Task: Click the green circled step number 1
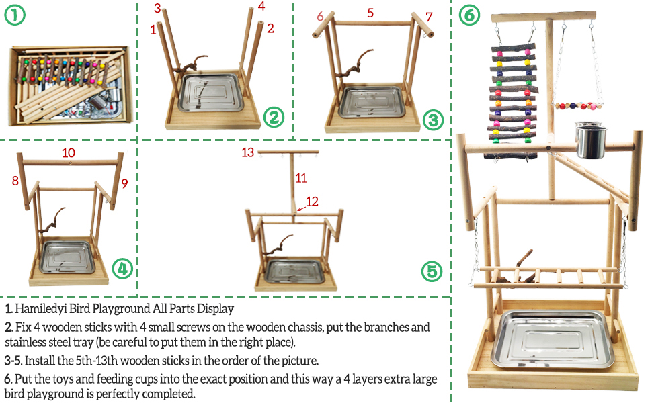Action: coord(15,15)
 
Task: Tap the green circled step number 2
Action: coord(274,118)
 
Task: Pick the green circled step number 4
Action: coord(121,269)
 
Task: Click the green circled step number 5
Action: coord(432,272)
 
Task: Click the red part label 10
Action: coord(69,153)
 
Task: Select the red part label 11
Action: coord(301,178)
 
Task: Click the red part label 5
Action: coord(370,13)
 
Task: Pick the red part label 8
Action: coord(14,180)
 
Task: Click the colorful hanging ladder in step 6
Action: coord(514,101)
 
